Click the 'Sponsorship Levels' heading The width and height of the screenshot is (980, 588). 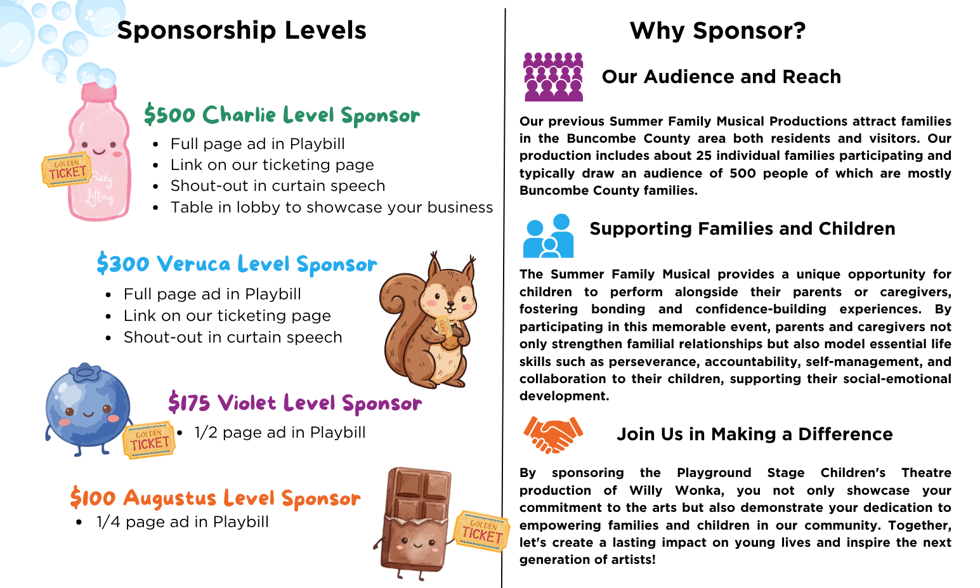[x=242, y=30]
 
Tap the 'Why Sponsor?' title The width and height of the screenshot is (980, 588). [x=717, y=30]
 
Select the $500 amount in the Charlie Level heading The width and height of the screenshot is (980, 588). [x=170, y=115]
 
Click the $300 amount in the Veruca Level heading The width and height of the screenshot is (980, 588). [x=123, y=264]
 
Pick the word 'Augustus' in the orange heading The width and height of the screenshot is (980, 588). [x=170, y=498]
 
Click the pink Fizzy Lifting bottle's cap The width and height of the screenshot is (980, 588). [x=100, y=93]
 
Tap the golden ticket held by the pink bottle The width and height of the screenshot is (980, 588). [x=66, y=170]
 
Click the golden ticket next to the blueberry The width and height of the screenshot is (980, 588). [x=149, y=440]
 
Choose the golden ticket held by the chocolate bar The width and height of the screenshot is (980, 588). [x=481, y=531]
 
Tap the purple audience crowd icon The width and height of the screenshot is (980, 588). [x=554, y=77]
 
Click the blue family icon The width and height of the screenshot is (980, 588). [x=548, y=235]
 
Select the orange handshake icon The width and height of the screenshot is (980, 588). [x=553, y=434]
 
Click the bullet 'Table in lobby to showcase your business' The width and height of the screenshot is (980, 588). [x=332, y=207]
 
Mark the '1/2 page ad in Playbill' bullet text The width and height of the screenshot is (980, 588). [x=280, y=433]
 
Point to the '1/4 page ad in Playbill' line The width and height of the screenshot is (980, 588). [x=183, y=522]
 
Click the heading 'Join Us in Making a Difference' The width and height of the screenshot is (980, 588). [x=755, y=434]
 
